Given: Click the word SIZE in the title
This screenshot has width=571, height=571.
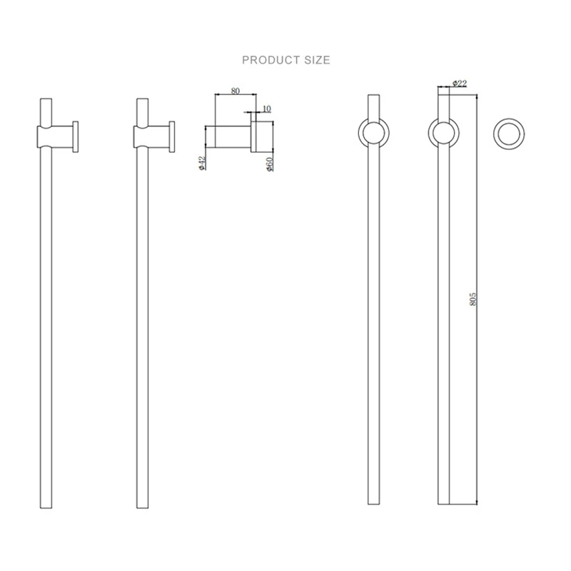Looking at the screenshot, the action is (317, 60).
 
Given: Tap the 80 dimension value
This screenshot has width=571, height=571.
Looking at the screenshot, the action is (236, 91).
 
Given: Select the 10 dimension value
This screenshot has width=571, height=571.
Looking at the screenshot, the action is (266, 108).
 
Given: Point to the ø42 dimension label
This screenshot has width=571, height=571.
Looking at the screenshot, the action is (203, 163).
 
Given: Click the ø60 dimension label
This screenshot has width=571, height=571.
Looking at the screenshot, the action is (270, 164).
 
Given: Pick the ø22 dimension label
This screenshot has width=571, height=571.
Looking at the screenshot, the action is (460, 84).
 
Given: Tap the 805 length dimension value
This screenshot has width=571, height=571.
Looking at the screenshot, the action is (473, 299).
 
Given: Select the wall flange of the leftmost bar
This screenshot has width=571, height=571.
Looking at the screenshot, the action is (76, 137).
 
